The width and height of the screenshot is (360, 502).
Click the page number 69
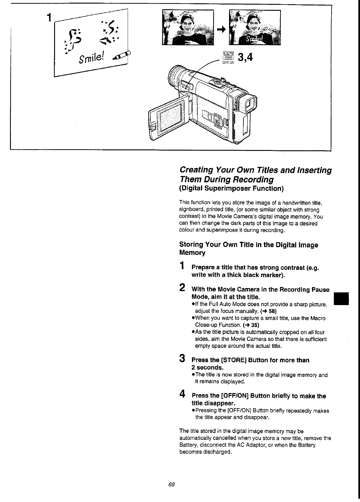pos(171,484)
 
